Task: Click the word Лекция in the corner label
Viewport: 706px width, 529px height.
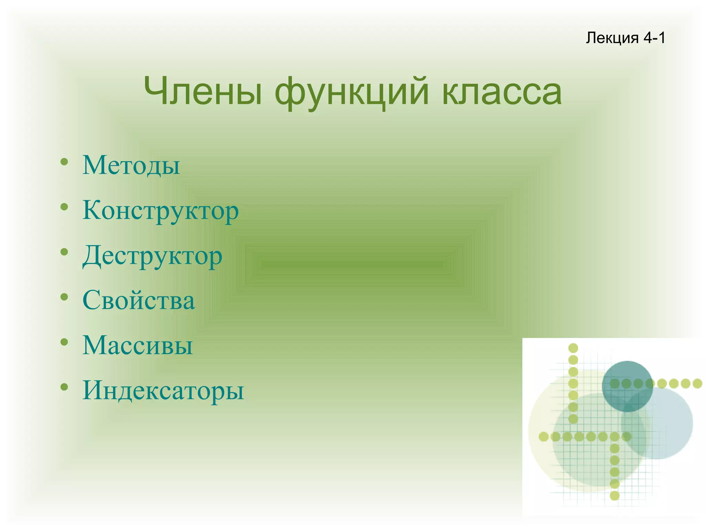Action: coord(612,38)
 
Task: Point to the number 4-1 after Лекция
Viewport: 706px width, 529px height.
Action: coord(654,38)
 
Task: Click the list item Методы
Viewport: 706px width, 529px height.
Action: coord(131,165)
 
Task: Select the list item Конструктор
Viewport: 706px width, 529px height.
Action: coord(160,211)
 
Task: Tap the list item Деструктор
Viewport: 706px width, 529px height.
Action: coord(152,256)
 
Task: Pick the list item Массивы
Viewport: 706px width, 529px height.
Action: coord(137,345)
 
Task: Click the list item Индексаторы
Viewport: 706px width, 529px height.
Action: coord(163,390)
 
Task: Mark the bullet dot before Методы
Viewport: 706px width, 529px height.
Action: coord(64,161)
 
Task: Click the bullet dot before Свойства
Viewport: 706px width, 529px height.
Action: coord(64,297)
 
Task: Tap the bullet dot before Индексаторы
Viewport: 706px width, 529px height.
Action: coord(64,387)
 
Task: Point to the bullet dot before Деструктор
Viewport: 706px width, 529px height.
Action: coord(64,252)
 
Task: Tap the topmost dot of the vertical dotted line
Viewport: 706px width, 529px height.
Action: coord(573,348)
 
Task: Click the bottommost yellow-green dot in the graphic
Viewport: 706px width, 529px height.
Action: coord(615,496)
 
